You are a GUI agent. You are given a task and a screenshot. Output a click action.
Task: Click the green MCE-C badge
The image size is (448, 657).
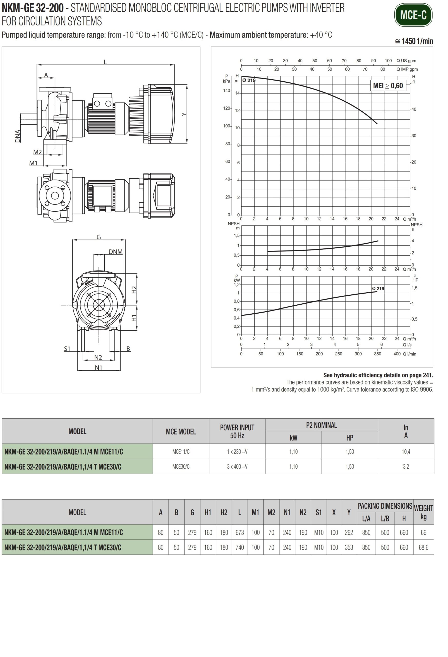(413, 15)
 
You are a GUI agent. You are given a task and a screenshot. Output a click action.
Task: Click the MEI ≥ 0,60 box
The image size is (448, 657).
(388, 86)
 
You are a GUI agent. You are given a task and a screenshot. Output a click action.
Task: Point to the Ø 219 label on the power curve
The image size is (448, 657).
(378, 288)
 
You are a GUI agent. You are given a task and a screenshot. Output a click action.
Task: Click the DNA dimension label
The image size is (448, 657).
(18, 136)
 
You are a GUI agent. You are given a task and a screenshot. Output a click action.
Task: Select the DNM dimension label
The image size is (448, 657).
(116, 252)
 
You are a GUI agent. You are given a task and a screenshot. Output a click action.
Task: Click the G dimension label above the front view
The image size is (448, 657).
(98, 237)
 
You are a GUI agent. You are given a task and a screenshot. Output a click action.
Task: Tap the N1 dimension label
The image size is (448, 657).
(98, 368)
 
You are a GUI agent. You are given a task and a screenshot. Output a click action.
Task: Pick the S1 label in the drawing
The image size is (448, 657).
(67, 349)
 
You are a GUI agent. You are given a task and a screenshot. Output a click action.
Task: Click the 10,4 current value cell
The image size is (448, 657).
(406, 451)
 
